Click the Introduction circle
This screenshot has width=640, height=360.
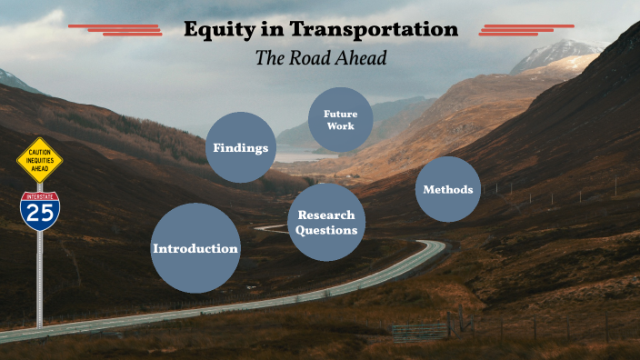195,248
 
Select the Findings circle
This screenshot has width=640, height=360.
240,147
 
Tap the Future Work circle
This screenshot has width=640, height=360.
340,120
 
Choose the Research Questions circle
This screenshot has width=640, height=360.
325,223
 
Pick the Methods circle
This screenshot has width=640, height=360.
447,189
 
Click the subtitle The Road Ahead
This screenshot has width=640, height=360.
321,57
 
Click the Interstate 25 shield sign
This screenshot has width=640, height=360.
40,210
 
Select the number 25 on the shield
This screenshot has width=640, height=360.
40,215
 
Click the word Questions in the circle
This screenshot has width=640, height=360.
325,230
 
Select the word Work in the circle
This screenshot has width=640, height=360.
340,126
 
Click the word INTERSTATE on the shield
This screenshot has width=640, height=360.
40,195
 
